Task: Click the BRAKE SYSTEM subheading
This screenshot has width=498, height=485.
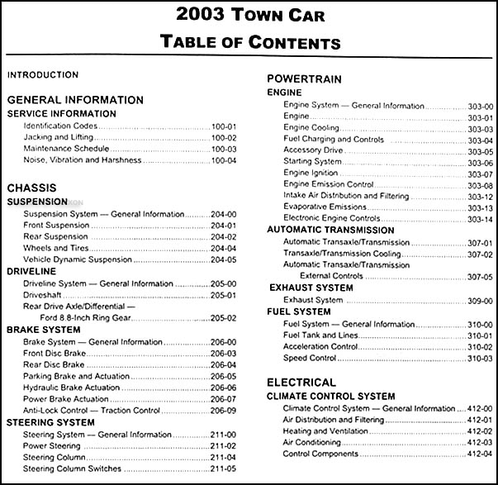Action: pos(44,329)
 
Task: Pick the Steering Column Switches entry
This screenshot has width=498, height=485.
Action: pos(74,469)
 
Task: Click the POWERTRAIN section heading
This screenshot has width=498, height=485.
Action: pos(300,78)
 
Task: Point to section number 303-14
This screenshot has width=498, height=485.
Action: pos(479,219)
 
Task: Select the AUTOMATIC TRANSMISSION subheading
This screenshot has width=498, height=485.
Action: pos(330,230)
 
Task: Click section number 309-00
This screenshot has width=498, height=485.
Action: pos(479,300)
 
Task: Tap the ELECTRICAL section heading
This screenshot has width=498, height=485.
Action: pos(301,383)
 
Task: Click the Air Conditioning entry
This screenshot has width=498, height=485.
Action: pos(314,442)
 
